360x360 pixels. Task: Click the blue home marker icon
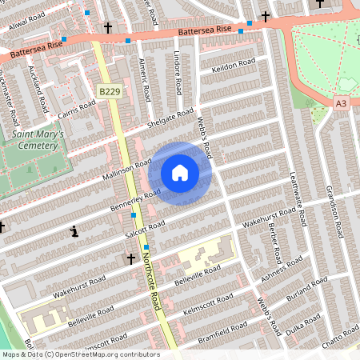180,173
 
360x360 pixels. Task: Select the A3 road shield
342,102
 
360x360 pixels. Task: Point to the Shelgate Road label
170,122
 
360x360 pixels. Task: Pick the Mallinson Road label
126,170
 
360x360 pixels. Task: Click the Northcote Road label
154,280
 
